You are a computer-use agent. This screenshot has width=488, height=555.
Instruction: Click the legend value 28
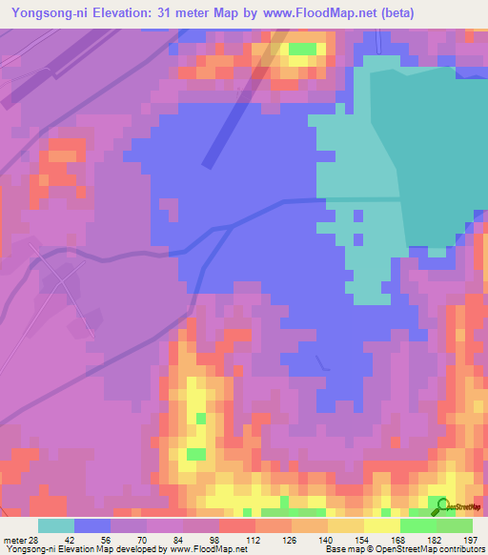pos(35,540)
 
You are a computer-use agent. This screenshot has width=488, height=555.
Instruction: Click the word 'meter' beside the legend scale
pos(14,540)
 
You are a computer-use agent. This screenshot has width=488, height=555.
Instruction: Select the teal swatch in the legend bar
pos(56,525)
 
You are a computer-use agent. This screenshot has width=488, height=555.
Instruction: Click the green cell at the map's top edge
pos(302,48)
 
